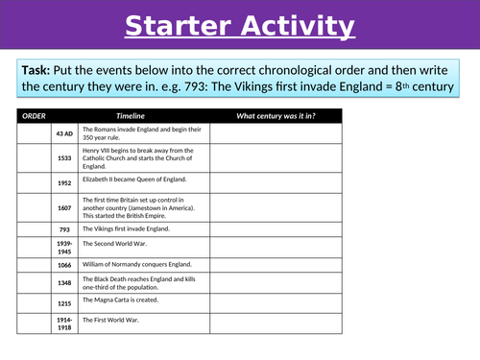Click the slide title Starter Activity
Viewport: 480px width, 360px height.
[239, 26]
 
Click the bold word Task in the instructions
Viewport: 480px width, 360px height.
[38, 70]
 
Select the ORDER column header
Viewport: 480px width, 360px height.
[34, 116]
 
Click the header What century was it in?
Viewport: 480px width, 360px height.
[276, 116]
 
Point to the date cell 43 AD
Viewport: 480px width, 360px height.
[64, 134]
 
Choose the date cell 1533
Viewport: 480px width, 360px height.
[64, 159]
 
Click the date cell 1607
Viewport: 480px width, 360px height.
[64, 208]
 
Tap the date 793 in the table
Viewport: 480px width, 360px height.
[64, 230]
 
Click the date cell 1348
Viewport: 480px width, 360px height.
[64, 283]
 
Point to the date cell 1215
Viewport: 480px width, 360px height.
[64, 303]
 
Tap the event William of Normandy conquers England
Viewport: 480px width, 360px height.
[137, 264]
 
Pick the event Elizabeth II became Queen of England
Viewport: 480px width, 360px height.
[134, 180]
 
